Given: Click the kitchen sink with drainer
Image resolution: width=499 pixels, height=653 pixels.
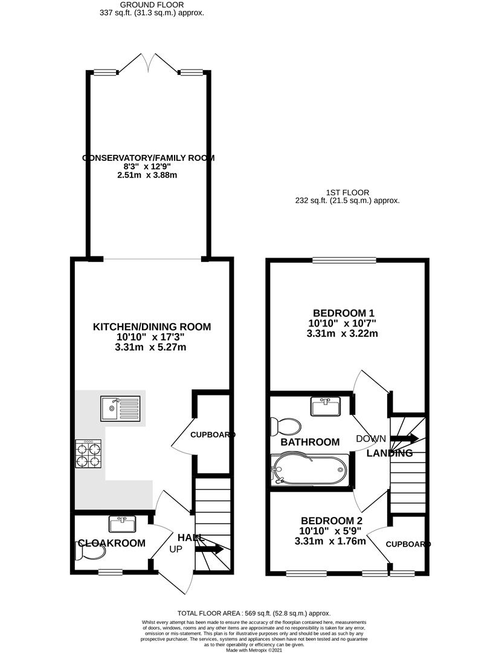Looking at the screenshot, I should point(121,408).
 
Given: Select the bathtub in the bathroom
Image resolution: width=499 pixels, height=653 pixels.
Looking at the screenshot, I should point(309,470).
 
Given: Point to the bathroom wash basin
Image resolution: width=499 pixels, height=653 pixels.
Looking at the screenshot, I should point(326,406).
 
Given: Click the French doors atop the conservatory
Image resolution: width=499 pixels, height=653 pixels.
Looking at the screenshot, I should point(148,62).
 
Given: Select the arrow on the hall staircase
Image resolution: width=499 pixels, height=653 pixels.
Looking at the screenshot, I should point(208,549).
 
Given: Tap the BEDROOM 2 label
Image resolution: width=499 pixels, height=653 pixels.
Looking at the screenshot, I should point(332,521).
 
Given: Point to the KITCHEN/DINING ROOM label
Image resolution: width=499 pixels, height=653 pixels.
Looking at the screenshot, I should point(152,327).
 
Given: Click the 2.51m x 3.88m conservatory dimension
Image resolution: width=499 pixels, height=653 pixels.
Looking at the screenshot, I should point(148,175).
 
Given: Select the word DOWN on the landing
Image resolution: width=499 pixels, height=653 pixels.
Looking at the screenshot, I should point(370,439).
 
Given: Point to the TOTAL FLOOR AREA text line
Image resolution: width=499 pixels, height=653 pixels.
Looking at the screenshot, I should point(254,612).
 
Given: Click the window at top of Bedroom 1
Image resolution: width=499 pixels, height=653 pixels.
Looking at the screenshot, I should point(344,261).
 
